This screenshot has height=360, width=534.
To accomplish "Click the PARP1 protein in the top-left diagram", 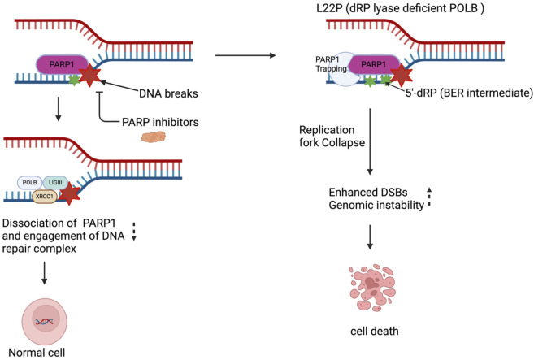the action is point(61,64).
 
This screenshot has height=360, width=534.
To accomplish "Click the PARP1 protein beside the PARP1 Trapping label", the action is point(374,64).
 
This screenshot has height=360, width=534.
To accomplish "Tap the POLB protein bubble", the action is point(29,183).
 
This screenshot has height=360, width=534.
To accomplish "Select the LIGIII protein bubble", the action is point(55,183).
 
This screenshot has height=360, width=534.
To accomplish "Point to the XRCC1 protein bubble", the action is point(45,197).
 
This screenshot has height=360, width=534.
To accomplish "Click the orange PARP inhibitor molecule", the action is point(154,137).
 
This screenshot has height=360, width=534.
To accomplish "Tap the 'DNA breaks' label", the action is point(168,93).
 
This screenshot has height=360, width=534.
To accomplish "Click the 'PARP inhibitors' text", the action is point(160,122).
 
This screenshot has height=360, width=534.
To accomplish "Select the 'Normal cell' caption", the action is point(37,353).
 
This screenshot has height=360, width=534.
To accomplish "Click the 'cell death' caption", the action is point(374,331).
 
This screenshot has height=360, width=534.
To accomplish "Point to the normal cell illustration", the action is point(45,321).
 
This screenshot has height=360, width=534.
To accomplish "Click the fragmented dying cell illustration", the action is point(372,288).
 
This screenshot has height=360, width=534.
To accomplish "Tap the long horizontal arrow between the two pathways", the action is point(245,55).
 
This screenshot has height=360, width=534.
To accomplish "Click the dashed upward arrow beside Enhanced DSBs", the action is point(429,197).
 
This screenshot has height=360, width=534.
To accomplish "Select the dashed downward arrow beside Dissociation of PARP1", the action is point(134,232).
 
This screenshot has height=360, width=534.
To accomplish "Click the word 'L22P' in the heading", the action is point(328,8).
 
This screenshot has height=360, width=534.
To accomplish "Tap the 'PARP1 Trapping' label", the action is point(330,64).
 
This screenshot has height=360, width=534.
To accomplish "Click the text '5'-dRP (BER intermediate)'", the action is point(469,93).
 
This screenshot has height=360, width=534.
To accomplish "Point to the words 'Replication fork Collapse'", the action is point(332,137).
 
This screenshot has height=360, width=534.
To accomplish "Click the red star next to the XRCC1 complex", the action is point(69,193).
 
